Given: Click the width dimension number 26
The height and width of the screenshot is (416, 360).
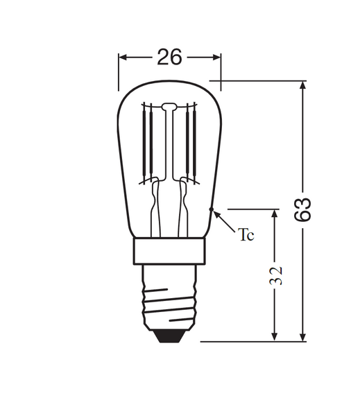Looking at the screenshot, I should coord(169,57).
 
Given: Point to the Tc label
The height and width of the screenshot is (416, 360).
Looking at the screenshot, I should coord(246,236).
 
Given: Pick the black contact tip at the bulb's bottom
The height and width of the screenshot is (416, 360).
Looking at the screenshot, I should coord(170,335).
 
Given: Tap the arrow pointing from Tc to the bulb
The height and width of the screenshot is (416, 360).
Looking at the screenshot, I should coord(223,220).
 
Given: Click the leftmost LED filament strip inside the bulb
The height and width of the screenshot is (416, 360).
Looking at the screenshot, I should coord(146,142).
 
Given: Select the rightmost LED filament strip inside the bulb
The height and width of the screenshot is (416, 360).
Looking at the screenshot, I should coord(194,142).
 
